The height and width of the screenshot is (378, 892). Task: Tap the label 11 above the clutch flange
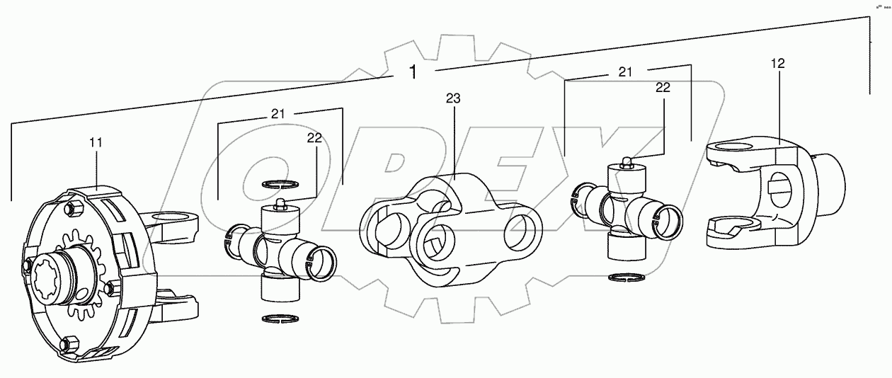(96, 142)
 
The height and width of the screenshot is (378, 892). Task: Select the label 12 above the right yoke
(778, 64)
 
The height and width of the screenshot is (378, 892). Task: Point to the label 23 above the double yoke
(453, 98)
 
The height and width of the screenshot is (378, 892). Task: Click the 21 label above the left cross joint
(279, 113)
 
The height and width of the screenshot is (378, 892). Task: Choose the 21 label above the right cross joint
(624, 71)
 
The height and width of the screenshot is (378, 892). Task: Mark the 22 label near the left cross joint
(315, 139)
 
